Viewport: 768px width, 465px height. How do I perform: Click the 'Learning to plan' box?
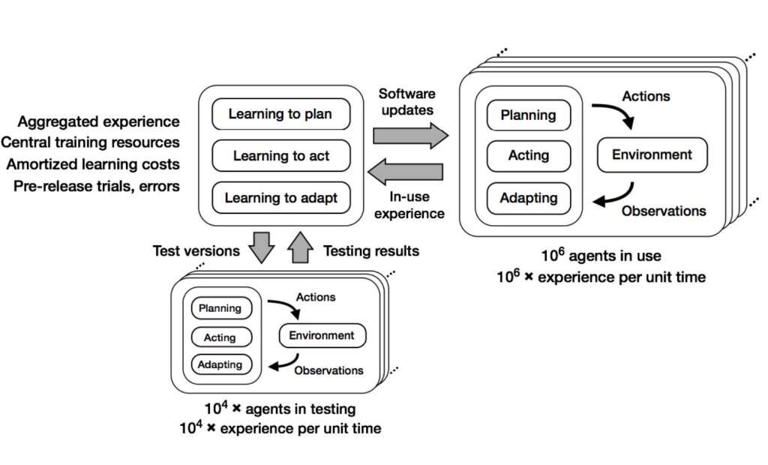280,115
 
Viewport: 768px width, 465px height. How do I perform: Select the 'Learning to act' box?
280,156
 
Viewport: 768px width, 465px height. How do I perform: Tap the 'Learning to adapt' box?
280,198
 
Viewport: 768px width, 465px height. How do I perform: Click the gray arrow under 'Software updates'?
409,136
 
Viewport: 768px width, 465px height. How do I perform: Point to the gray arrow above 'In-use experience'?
409,172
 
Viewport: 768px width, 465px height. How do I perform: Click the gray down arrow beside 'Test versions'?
264,247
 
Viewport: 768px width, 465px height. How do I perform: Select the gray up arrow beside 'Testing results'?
300,247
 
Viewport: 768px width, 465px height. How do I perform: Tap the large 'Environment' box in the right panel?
652,155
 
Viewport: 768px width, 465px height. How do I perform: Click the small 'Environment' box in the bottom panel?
322,335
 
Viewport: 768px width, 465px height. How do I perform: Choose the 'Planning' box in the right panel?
528,115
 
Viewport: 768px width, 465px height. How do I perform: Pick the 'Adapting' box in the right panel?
528,198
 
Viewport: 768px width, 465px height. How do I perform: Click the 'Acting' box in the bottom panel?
220,337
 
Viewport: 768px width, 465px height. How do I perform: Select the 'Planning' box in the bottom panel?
220,308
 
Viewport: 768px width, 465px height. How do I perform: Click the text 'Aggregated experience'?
99,121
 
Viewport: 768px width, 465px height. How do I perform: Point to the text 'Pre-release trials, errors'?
97,185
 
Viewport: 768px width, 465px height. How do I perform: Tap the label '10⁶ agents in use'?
601,256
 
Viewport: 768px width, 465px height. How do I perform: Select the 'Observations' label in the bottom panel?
328,370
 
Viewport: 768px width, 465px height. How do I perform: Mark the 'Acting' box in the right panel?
528,156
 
